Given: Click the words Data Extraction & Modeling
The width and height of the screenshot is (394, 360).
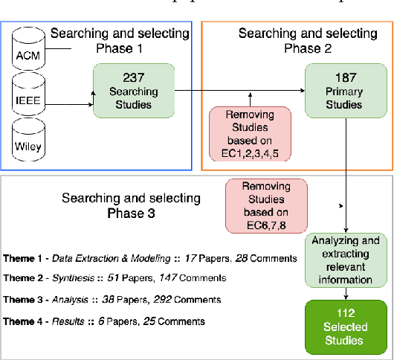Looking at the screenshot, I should point(106,257).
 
